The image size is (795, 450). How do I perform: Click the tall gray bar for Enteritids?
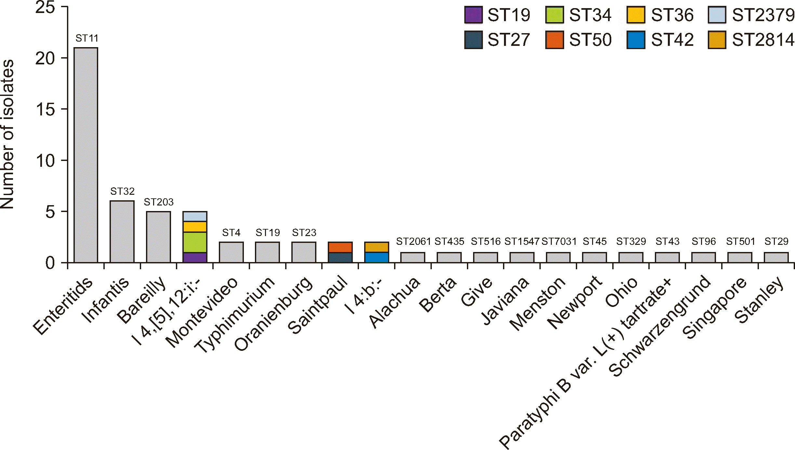86,155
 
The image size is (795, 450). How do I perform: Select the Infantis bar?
122,232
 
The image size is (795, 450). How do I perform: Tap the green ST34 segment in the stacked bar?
195,242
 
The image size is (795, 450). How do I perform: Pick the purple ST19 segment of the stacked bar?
195,258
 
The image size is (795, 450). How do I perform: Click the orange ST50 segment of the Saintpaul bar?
340,247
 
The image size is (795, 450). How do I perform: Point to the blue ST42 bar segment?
377,258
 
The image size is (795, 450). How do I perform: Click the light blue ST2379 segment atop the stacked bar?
195,217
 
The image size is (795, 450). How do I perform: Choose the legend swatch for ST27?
473,40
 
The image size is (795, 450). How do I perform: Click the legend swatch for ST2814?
717,40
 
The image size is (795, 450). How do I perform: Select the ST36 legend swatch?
636,15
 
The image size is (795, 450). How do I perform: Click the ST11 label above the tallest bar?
87,38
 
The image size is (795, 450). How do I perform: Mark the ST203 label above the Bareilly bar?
159,202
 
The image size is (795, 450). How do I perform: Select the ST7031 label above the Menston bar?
559,242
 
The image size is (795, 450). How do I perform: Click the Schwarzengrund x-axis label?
660,325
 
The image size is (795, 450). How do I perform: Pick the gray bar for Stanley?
776,258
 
